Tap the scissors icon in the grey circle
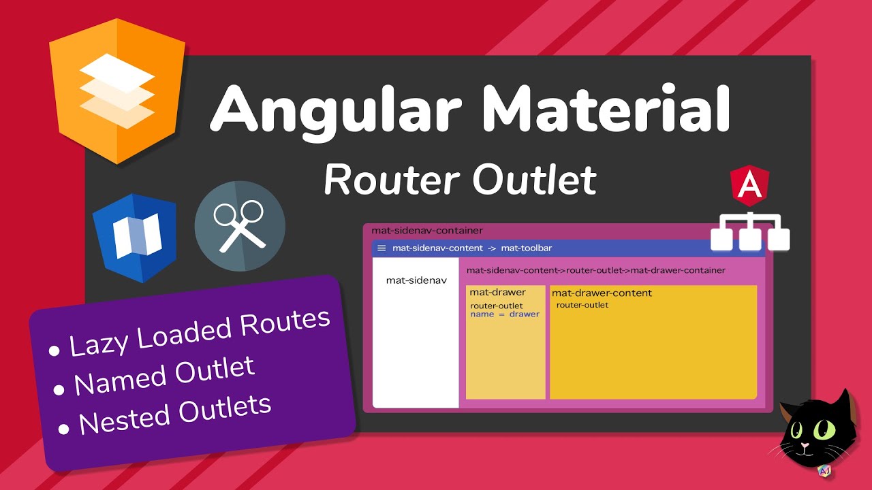[x=240, y=226]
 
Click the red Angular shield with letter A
[x=749, y=187]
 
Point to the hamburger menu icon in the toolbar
[x=381, y=248]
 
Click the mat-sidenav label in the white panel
[x=416, y=280]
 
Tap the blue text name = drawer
[x=504, y=314]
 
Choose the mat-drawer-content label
[x=602, y=293]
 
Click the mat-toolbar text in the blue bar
[x=527, y=248]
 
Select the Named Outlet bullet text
[x=164, y=376]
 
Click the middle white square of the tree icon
[x=750, y=239]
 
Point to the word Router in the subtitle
[x=392, y=180]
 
